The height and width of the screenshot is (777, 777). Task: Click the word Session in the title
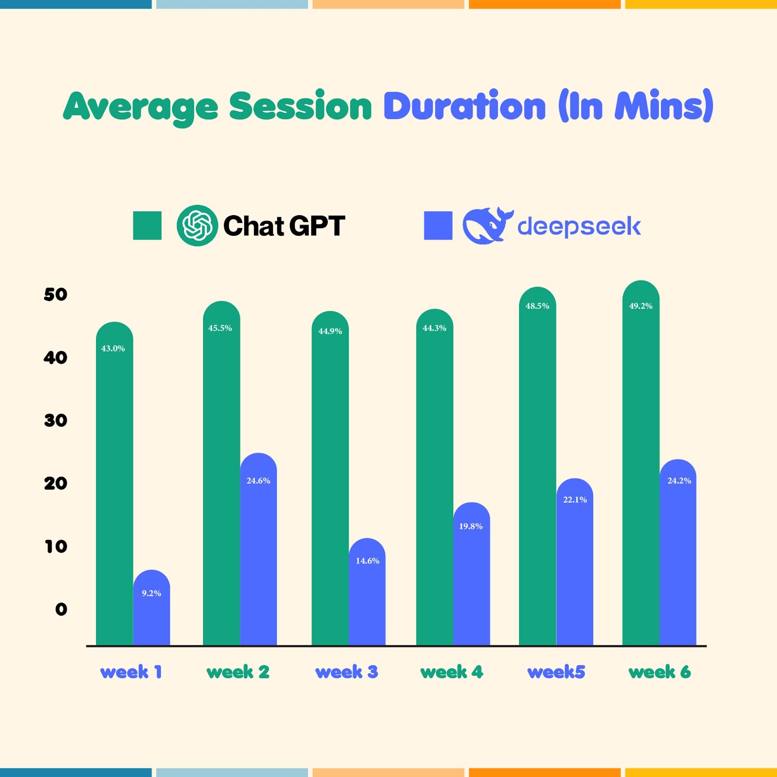click(301, 106)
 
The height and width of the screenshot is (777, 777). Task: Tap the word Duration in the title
click(465, 105)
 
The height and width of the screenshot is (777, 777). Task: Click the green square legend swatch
click(147, 225)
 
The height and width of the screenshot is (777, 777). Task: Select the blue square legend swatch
click(438, 225)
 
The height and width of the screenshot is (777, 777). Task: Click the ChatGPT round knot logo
click(197, 225)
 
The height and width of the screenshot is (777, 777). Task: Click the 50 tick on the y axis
click(55, 294)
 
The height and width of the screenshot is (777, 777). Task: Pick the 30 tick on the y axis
click(55, 420)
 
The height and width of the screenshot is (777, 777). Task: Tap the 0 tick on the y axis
click(61, 609)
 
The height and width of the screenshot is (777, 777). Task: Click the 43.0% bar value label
click(113, 348)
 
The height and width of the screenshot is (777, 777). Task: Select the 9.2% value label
click(152, 593)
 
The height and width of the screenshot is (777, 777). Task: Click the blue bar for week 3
click(367, 591)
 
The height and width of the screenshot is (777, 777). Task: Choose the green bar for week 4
click(435, 477)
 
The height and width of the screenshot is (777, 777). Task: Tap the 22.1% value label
click(575, 499)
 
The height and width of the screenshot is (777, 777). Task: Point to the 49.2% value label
click(641, 305)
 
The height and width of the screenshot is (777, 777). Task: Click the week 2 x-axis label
click(238, 672)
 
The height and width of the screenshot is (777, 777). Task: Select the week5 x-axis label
click(557, 672)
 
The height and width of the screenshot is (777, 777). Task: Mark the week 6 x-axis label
click(659, 672)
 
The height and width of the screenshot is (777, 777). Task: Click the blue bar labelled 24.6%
click(258, 549)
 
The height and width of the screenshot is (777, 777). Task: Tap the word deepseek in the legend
click(579, 226)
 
